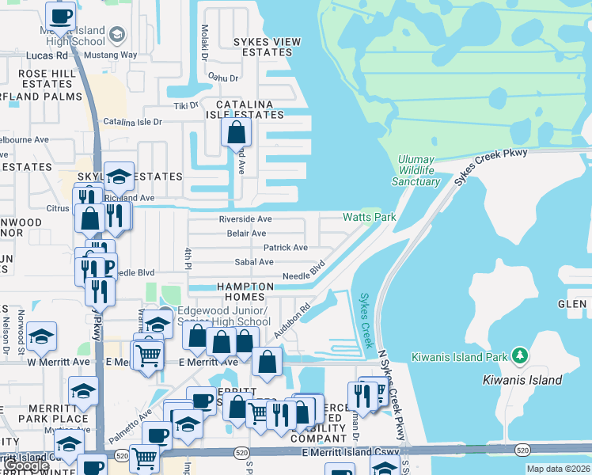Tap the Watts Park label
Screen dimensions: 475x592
coord(369,217)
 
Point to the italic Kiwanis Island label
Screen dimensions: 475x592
coord(522,380)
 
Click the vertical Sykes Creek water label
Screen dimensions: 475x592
coord(365,320)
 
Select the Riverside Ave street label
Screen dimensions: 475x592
coord(245,219)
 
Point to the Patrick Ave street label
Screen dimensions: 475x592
coord(285,248)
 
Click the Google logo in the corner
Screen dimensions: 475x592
coord(27,466)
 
